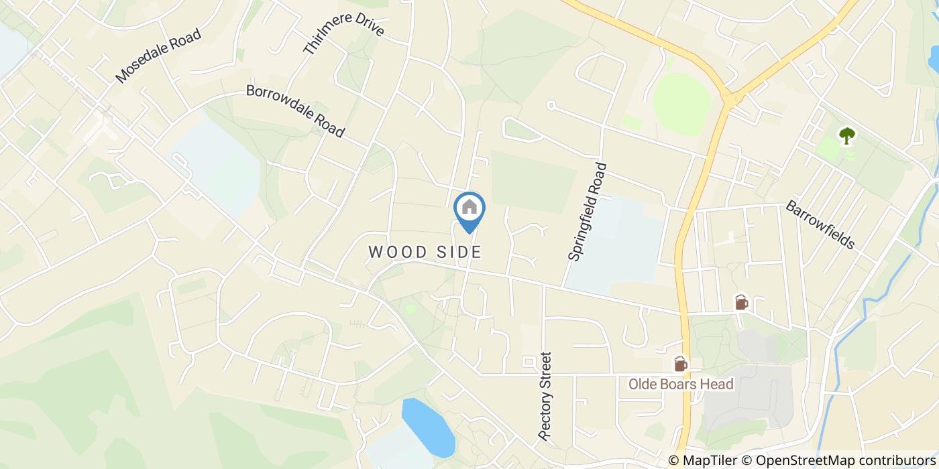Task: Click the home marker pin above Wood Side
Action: pos(469,209)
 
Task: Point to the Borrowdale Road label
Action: pos(295,111)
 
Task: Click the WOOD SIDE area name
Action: pos(425,252)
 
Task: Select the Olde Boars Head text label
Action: pos(680,384)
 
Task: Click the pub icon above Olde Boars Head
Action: pos(680,364)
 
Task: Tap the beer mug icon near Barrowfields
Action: pos(741,302)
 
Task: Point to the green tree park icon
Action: pos(847,136)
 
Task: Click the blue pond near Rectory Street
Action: pos(429,427)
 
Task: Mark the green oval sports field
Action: pos(682,104)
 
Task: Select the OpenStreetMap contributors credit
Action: pos(838,460)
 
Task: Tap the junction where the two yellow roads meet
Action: pos(730,99)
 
